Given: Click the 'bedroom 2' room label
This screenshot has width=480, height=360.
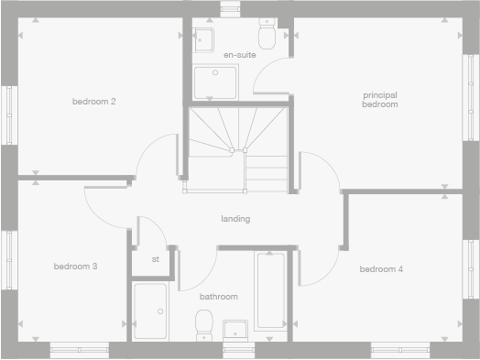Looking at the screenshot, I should (93, 101).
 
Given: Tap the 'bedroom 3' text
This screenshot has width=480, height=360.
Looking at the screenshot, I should (75, 267).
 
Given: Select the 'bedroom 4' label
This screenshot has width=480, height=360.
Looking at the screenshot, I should (380, 268).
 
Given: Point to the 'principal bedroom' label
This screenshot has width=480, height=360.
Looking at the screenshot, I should (380, 99).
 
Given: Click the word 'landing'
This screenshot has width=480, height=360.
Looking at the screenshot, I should (235, 219).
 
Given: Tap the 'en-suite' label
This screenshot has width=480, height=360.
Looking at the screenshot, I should (240, 55).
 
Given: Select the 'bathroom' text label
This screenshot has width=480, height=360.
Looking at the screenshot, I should (219, 296).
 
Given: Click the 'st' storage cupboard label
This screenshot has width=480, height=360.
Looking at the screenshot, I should (156, 259).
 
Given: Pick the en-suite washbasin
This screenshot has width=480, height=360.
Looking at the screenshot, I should (204, 38).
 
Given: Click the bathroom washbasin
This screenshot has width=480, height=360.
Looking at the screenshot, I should (235, 330).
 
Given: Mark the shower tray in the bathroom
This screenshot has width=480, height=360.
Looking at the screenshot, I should (150, 311).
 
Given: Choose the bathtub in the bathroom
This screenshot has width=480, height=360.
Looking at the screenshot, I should (270, 290).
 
